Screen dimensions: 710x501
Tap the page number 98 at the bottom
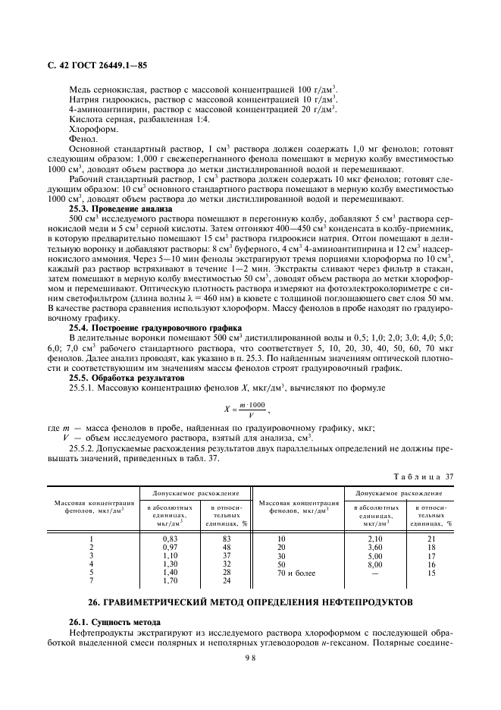tap(250, 658)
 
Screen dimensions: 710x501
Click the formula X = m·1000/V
tap(247, 409)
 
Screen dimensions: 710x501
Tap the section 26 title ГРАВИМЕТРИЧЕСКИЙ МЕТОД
tap(250, 602)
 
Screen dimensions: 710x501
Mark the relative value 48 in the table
tap(225, 546)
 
